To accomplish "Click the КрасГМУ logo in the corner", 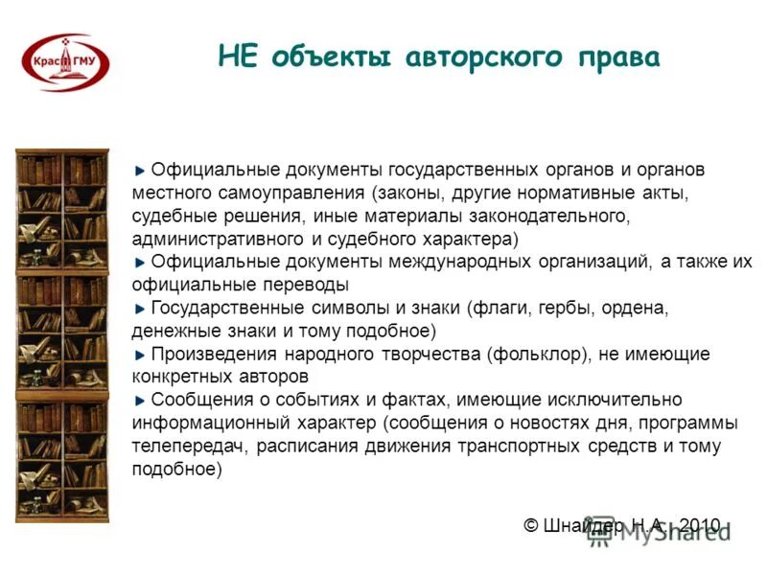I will click(x=65, y=62).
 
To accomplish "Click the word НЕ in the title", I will click(x=239, y=56).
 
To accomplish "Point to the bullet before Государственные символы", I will click(x=142, y=309).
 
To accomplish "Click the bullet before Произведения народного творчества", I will click(x=142, y=355).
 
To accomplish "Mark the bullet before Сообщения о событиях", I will click(x=142, y=401).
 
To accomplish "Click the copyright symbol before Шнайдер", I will click(x=531, y=525).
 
